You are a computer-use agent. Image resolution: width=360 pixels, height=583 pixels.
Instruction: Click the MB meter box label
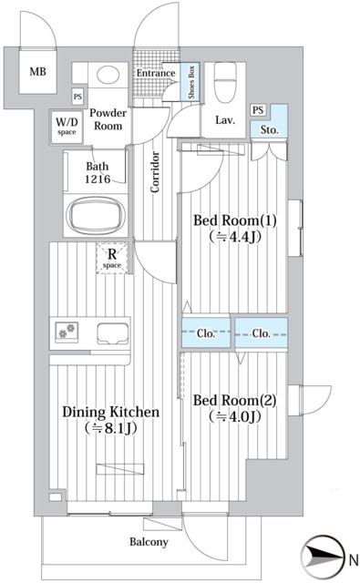(38, 71)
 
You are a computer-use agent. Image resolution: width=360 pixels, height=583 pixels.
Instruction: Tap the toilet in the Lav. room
(225, 82)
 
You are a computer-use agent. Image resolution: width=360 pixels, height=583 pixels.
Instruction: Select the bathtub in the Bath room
(96, 215)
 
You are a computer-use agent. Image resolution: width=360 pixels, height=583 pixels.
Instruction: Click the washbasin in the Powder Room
(108, 75)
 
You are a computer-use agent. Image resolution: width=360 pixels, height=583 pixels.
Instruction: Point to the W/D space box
(67, 128)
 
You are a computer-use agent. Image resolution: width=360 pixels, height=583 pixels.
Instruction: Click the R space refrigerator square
(112, 258)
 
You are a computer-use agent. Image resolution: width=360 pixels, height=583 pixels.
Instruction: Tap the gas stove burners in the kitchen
(67, 332)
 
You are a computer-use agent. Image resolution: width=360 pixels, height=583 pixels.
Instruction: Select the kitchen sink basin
(113, 333)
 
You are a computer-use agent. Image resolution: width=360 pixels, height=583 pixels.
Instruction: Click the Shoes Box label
(191, 82)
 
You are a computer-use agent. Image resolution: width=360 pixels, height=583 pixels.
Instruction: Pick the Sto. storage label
(269, 129)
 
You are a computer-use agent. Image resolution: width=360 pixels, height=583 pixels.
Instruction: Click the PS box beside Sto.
(258, 110)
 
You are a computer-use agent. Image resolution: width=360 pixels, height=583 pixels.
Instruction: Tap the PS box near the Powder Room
(77, 97)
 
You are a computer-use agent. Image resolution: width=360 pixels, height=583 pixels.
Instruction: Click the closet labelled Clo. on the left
(206, 332)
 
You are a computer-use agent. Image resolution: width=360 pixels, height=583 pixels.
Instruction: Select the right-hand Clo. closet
(261, 332)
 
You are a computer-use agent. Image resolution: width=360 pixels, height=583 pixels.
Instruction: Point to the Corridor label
(155, 172)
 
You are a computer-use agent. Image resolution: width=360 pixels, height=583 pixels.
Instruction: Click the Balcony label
(149, 542)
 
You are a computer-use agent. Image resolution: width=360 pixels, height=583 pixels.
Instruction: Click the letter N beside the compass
(354, 557)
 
